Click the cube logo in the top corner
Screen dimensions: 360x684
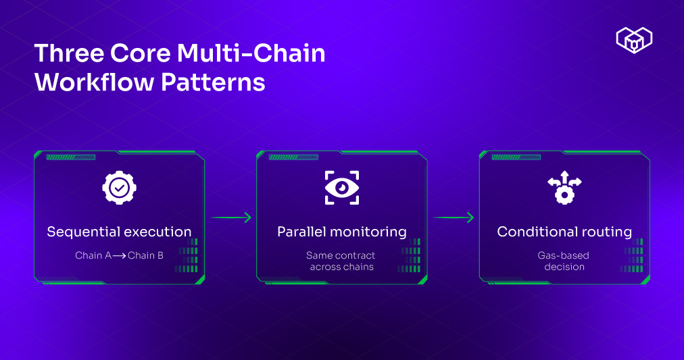[634, 40]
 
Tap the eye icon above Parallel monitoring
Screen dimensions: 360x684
[341, 188]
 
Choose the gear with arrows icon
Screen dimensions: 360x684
[564, 188]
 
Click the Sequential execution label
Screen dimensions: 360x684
[119, 232]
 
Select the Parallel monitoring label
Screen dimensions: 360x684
[341, 232]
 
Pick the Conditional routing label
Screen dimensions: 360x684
[564, 232]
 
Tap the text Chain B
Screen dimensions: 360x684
[145, 256]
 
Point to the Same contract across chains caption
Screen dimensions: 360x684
[341, 261]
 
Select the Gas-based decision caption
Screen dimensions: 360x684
[564, 261]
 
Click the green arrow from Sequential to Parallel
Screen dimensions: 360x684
[230, 217]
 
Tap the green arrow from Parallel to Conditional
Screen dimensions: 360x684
[453, 217]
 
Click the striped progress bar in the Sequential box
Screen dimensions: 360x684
[70, 157]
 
